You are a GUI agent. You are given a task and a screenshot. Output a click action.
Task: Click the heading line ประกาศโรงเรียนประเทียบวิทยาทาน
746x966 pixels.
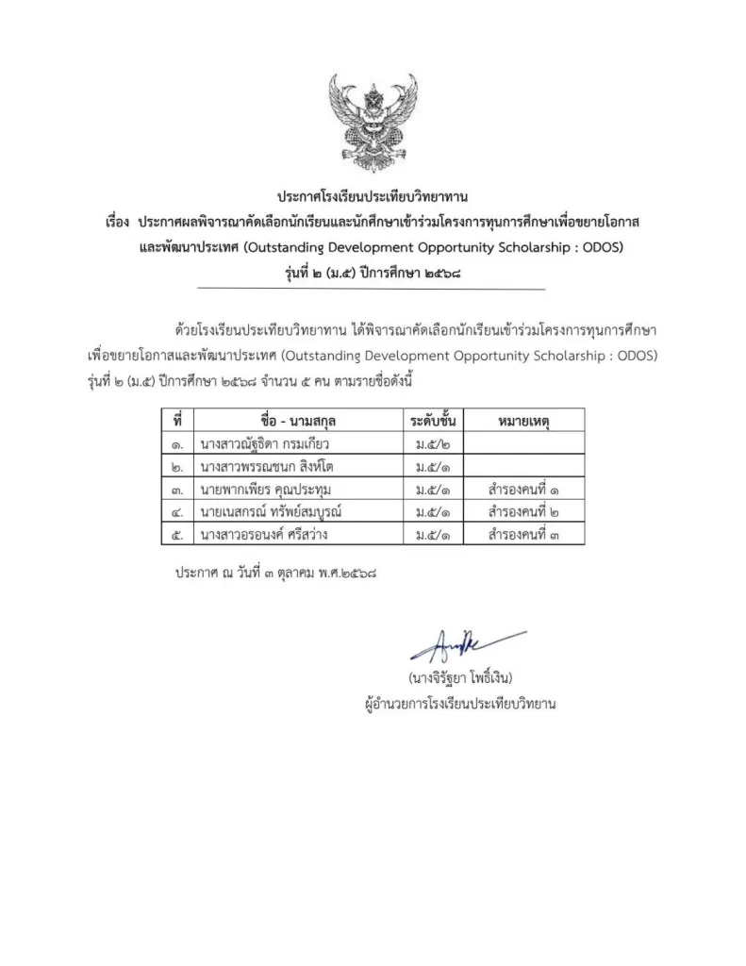(373, 198)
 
